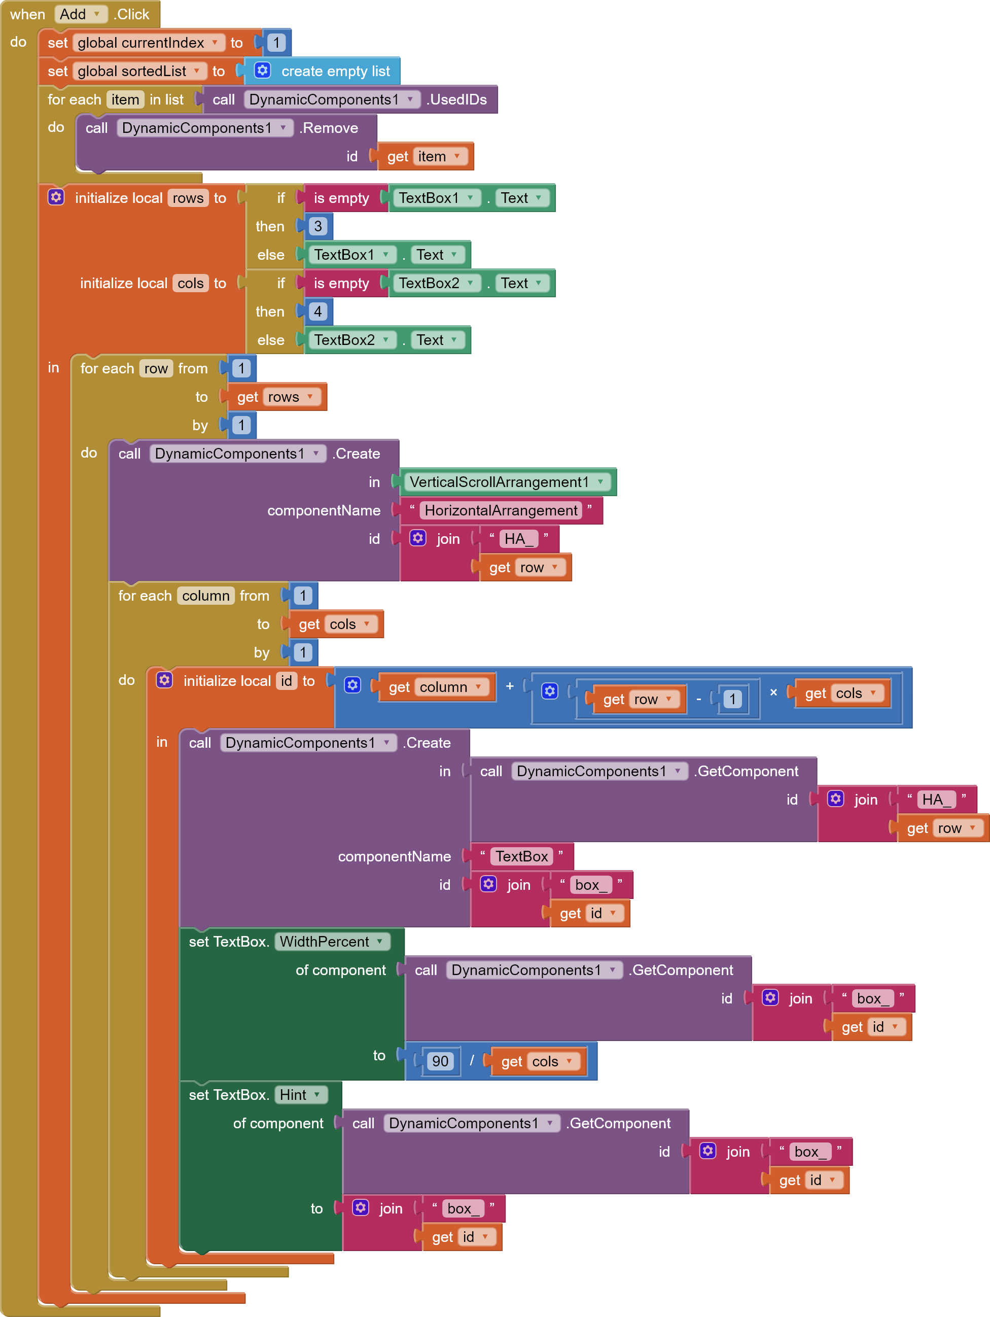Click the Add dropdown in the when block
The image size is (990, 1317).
(80, 14)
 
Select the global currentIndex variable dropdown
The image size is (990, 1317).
(148, 42)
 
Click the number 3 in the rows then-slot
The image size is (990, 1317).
(317, 226)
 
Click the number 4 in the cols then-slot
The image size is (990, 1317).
(317, 311)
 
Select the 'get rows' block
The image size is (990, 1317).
(276, 397)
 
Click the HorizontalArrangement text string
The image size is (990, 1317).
(501, 510)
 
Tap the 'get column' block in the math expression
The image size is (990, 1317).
(435, 687)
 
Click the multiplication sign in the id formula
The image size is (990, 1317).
(773, 692)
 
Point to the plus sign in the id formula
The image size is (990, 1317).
(510, 686)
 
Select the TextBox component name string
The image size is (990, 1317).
(521, 856)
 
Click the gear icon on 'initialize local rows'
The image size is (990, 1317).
(56, 197)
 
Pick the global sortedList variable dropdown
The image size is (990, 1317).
(139, 71)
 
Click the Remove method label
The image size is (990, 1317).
(329, 128)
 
